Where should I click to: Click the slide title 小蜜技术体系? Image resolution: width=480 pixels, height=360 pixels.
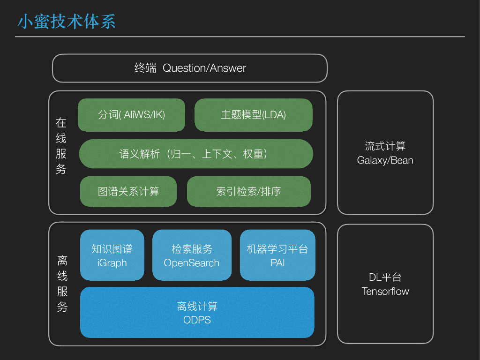click(x=66, y=22)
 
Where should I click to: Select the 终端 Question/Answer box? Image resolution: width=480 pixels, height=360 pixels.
click(x=189, y=68)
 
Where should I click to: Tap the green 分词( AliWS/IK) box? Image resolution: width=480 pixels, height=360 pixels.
click(x=131, y=115)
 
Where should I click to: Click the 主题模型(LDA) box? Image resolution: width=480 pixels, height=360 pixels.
click(x=253, y=115)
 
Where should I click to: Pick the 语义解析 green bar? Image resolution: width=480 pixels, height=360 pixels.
click(x=196, y=154)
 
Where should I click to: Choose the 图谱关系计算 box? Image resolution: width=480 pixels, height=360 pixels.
click(x=128, y=191)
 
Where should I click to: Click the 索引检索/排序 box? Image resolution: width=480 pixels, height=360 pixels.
click(x=248, y=191)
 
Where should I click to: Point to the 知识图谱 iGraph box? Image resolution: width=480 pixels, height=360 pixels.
click(x=112, y=255)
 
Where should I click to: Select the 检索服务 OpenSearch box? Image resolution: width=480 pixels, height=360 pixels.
click(x=192, y=255)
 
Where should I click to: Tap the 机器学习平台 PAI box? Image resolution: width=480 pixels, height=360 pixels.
click(x=277, y=255)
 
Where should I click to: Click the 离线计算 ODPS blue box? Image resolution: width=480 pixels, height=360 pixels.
click(x=197, y=312)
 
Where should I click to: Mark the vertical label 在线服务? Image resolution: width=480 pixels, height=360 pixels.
click(x=61, y=146)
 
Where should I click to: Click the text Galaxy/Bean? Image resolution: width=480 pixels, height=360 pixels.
click(x=385, y=160)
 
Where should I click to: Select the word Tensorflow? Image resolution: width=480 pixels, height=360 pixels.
click(x=385, y=291)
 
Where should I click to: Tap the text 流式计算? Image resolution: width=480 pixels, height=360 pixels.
click(x=385, y=146)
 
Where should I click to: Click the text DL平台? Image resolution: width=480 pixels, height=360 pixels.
click(x=385, y=277)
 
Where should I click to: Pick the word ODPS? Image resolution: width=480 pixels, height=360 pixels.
click(x=197, y=320)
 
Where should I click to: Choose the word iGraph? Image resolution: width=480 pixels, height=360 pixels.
click(x=112, y=263)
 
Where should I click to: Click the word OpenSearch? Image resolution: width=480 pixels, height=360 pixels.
click(x=192, y=263)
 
